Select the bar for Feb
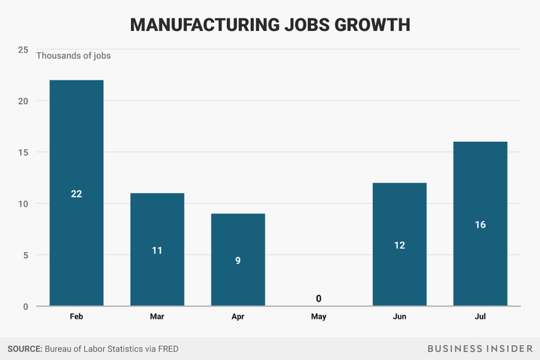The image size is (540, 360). [76, 193]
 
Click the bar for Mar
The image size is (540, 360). [157, 250]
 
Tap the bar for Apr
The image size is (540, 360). [238, 260]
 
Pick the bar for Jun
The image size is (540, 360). [400, 245]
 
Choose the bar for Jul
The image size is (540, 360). [480, 224]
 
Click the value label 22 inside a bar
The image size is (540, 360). [76, 194]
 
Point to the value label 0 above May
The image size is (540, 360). [319, 298]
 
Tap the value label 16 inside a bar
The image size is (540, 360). [480, 224]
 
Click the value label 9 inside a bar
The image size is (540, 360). [238, 260]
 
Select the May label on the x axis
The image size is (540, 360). [319, 316]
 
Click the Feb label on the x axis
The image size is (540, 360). [76, 316]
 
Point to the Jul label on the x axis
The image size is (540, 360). [480, 316]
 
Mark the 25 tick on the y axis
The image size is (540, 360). [23, 50]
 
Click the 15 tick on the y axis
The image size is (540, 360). [23, 153]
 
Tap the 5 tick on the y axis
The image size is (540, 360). [25, 255]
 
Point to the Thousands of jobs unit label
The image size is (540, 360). [74, 56]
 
